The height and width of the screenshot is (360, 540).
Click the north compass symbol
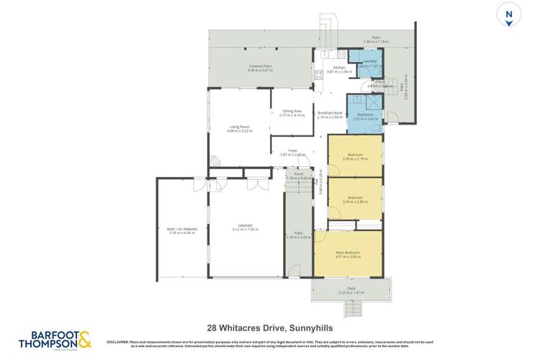(x=509, y=16)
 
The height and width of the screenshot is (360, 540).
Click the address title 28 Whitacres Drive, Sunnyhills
(x=269, y=327)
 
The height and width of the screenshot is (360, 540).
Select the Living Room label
(x=240, y=127)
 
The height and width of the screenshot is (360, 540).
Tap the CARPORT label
(x=245, y=225)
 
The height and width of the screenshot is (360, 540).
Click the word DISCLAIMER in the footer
(x=118, y=341)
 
